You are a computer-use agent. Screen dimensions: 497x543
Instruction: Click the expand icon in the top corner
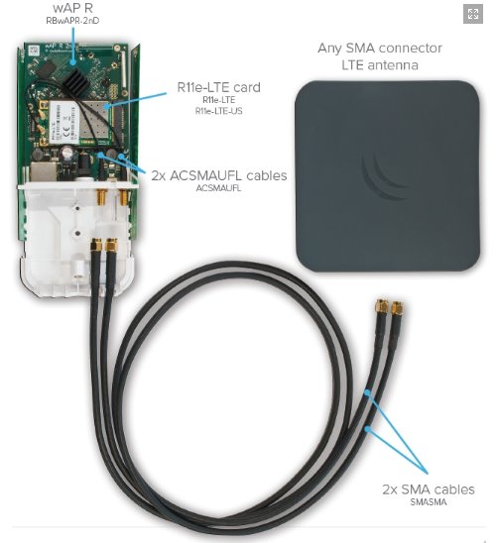tap(473, 14)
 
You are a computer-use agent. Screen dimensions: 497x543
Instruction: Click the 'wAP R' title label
tap(73, 7)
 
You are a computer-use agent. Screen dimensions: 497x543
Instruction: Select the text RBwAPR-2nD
tap(72, 21)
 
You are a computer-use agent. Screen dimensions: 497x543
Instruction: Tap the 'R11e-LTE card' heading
tap(218, 87)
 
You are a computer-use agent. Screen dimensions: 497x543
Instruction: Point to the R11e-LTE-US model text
tap(218, 111)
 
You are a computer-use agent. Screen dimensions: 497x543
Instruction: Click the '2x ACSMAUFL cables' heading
tap(219, 175)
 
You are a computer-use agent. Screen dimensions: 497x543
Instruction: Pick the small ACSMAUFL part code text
tap(218, 188)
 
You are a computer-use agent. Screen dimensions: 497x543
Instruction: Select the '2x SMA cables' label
tap(429, 489)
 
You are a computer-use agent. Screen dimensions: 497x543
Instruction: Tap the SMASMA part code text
tap(429, 502)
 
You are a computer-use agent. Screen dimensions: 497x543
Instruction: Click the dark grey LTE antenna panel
tap(388, 175)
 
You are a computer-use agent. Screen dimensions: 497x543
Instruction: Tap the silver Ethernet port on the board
tap(44, 172)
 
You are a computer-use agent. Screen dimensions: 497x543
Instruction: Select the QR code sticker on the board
tap(34, 51)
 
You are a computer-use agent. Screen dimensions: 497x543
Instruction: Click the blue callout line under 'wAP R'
tap(73, 46)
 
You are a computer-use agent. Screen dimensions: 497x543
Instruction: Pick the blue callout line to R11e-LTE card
tap(136, 100)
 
